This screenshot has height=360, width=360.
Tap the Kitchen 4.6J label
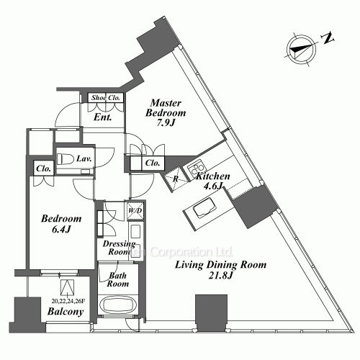[x=213, y=181]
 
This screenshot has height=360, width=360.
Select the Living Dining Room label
[x=222, y=271]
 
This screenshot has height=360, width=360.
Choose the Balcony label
[x=66, y=312]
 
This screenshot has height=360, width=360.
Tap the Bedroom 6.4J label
[x=61, y=224]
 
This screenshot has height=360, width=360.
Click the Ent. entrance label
[x=101, y=117]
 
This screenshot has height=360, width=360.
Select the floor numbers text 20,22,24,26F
[x=69, y=301]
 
